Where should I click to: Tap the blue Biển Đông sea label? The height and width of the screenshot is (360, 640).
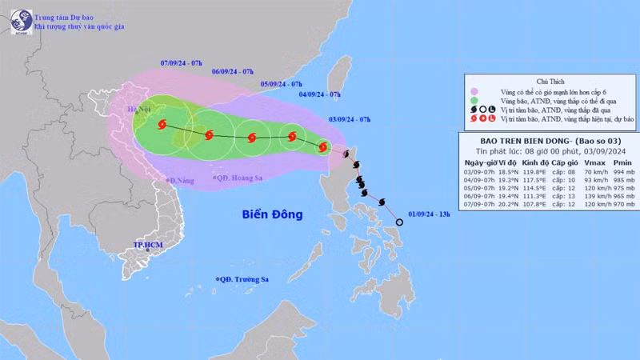coord(273,214)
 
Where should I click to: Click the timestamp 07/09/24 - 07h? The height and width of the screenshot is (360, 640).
coord(182,62)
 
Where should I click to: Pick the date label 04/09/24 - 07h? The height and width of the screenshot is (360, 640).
coord(319,94)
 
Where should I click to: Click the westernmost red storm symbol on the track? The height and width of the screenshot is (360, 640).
coord(163,125)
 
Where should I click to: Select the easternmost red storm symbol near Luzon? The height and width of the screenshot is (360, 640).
coord(322,146)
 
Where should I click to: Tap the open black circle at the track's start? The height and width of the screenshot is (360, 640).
coord(399,222)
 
